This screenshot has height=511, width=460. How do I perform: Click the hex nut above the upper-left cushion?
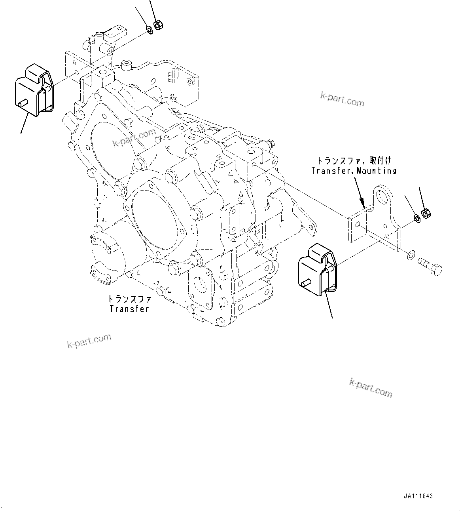click(x=157, y=25)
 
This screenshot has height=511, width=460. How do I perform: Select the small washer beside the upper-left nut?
click(x=150, y=29)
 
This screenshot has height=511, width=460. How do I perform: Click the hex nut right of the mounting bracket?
click(x=426, y=214)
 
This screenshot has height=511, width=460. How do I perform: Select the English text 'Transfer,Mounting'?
click(x=354, y=171)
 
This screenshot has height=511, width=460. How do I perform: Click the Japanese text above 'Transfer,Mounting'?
click(x=354, y=161)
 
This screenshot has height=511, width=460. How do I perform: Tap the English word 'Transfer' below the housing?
click(x=129, y=309)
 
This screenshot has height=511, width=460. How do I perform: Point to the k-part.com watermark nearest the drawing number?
click(x=371, y=388)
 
